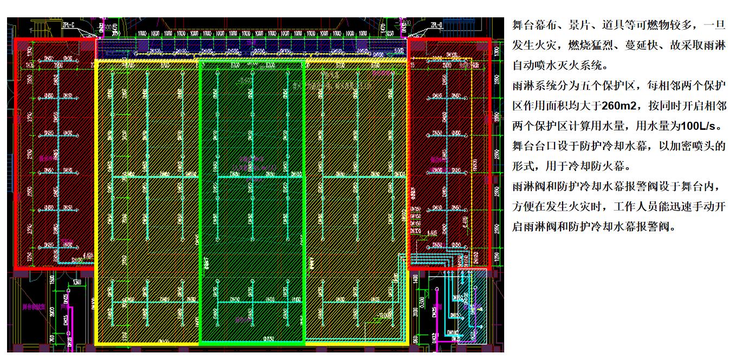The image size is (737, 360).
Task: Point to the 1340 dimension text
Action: pos(76,282)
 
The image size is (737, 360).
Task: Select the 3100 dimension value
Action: pos(415,313)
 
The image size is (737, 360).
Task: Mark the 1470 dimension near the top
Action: pos(382,27)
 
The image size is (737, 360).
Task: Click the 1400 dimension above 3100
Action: pos(415,280)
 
